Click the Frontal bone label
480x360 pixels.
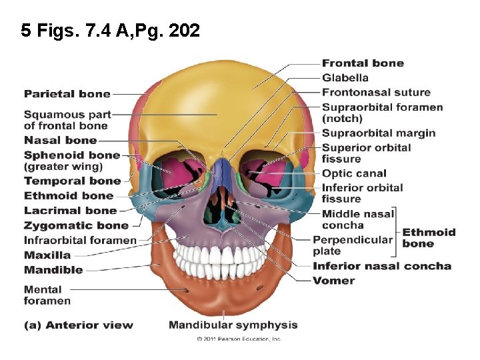[x=363, y=63]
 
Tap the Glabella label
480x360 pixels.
[x=345, y=78]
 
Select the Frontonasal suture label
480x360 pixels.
[x=376, y=93]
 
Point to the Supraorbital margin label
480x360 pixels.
[x=378, y=133]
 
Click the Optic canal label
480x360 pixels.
[x=353, y=174]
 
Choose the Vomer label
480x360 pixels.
[x=333, y=281]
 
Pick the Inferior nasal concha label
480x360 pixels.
[x=382, y=266]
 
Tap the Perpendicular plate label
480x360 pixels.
[x=353, y=245]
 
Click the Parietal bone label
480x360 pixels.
[x=67, y=94]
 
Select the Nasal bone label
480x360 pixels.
[x=60, y=140]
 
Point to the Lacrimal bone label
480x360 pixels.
[x=70, y=211]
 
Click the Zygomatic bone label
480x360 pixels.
[x=76, y=225]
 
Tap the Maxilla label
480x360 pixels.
[x=47, y=255]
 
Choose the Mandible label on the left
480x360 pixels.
[x=53, y=270]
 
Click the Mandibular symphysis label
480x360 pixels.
[x=233, y=325]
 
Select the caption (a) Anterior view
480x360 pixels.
[x=79, y=325]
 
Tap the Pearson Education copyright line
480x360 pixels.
[x=239, y=339]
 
